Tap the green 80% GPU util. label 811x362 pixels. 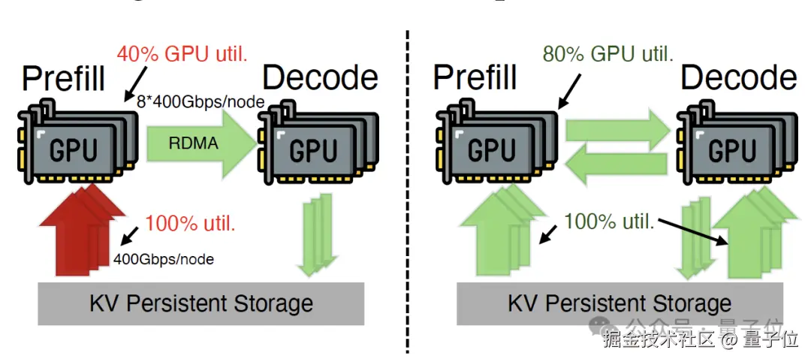607,53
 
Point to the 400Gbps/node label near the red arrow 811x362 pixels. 164,259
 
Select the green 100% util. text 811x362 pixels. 609,222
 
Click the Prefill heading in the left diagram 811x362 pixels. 64,77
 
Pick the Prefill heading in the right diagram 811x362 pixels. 475,77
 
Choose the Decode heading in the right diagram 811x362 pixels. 739,77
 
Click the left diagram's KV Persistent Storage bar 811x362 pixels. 201,303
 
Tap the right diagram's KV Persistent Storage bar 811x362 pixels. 620,303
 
